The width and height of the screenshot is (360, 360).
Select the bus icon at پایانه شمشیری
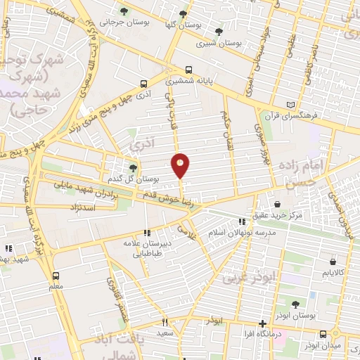(x=188, y=70)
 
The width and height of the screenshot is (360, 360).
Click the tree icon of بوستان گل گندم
(x=133, y=167)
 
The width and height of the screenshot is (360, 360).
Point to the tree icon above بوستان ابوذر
(x=294, y=304)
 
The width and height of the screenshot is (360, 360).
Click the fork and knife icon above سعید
(x=165, y=321)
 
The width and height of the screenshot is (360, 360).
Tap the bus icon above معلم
(x=56, y=276)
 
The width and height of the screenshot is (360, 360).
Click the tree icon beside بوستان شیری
(x=219, y=32)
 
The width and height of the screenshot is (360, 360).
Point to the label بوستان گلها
(x=199, y=24)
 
